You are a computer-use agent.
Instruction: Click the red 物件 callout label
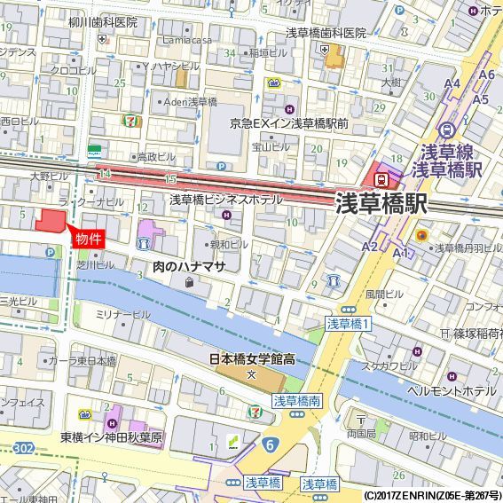point(88,239)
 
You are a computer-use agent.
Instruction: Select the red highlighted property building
point(51,222)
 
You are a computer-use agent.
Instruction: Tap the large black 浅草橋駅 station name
point(381,204)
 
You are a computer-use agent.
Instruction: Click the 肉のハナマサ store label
point(190,266)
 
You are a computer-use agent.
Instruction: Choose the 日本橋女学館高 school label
point(252,359)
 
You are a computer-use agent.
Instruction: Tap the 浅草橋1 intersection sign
point(347,325)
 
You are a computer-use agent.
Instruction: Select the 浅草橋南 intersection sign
point(296,402)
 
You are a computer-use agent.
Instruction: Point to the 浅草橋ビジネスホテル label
point(225,200)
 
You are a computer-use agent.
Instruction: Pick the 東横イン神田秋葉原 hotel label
point(112,436)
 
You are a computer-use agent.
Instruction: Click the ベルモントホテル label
point(452,390)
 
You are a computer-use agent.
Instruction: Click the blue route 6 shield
point(267,442)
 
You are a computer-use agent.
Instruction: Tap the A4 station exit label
point(452,84)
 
